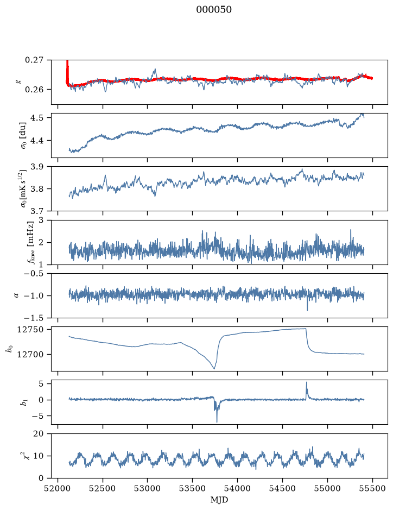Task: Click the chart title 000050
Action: coord(213,10)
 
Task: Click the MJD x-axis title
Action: coord(219,500)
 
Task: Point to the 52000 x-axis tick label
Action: coord(58,488)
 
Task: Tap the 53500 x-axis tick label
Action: coord(193,488)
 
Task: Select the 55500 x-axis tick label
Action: coord(372,488)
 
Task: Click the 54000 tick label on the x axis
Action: coord(237,488)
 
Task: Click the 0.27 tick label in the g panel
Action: coord(34,60)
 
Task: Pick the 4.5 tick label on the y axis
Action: coord(36,117)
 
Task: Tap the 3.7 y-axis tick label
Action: coord(36,211)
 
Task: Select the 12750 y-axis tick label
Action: coord(29,330)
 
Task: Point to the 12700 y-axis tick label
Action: coord(29,355)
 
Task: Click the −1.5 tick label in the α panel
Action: coord(33,318)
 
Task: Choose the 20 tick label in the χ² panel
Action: coord(39,433)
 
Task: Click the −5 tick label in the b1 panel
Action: coord(36,416)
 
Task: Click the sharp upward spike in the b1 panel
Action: coord(306,382)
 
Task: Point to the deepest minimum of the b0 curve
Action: coord(214,368)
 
